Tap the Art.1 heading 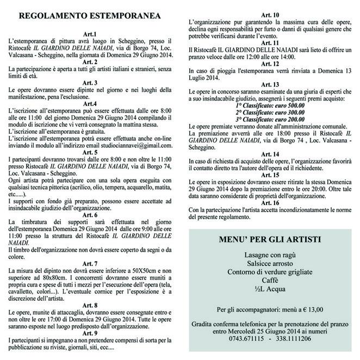tap(91, 34)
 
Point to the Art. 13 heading tap(270, 84)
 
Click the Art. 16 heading tap(270, 187)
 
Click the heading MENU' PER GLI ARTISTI tap(270, 238)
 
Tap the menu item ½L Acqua tap(270, 288)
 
